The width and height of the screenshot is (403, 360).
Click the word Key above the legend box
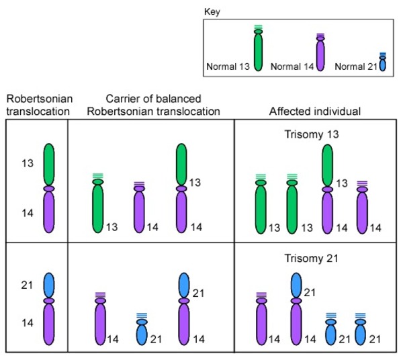(x=210, y=11)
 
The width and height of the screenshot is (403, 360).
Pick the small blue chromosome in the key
(x=382, y=63)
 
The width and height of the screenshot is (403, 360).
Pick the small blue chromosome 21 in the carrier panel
(x=141, y=329)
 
